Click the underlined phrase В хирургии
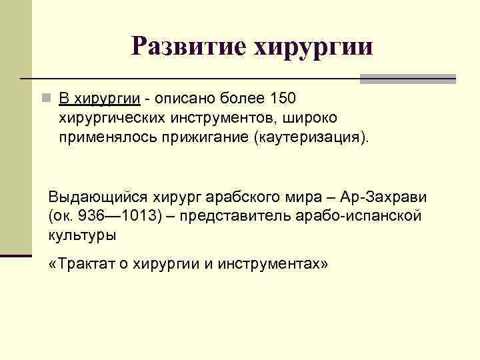pos(99,99)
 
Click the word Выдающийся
pos(99,198)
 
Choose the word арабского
pos(245,198)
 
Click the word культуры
pos(82,235)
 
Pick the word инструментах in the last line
pos(279,264)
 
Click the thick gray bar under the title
pos(407,79)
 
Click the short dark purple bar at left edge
pos(16,255)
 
